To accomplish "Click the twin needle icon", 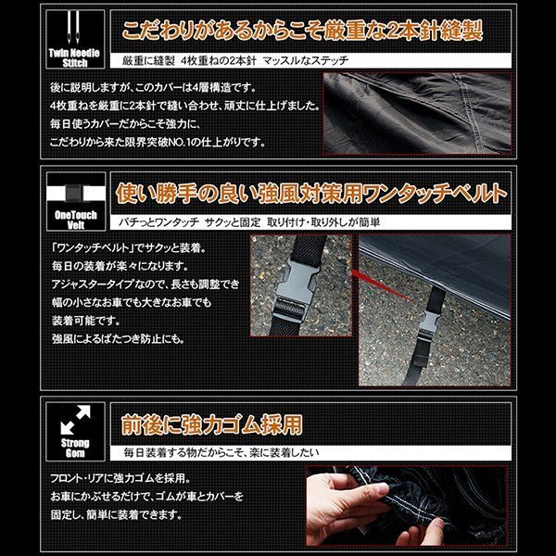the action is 73,27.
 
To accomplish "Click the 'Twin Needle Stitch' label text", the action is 74,58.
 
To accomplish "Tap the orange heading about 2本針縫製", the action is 302,31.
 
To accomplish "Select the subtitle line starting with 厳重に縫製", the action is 235,60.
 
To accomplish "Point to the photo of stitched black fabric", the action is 417,113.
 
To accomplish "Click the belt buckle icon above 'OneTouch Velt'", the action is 76,194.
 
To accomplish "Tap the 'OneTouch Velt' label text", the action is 76,220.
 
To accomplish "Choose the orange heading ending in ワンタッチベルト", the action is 311,193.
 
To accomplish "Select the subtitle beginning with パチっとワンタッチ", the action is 249,222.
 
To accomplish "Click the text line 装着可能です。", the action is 86,321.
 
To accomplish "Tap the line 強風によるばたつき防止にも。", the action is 119,339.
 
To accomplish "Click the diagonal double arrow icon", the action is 76,420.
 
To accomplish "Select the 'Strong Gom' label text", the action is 75,449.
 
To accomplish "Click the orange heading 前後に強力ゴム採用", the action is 212,424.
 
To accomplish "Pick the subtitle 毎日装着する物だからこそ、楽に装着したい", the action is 221,452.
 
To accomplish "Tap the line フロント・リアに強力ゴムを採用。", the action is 120,478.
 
